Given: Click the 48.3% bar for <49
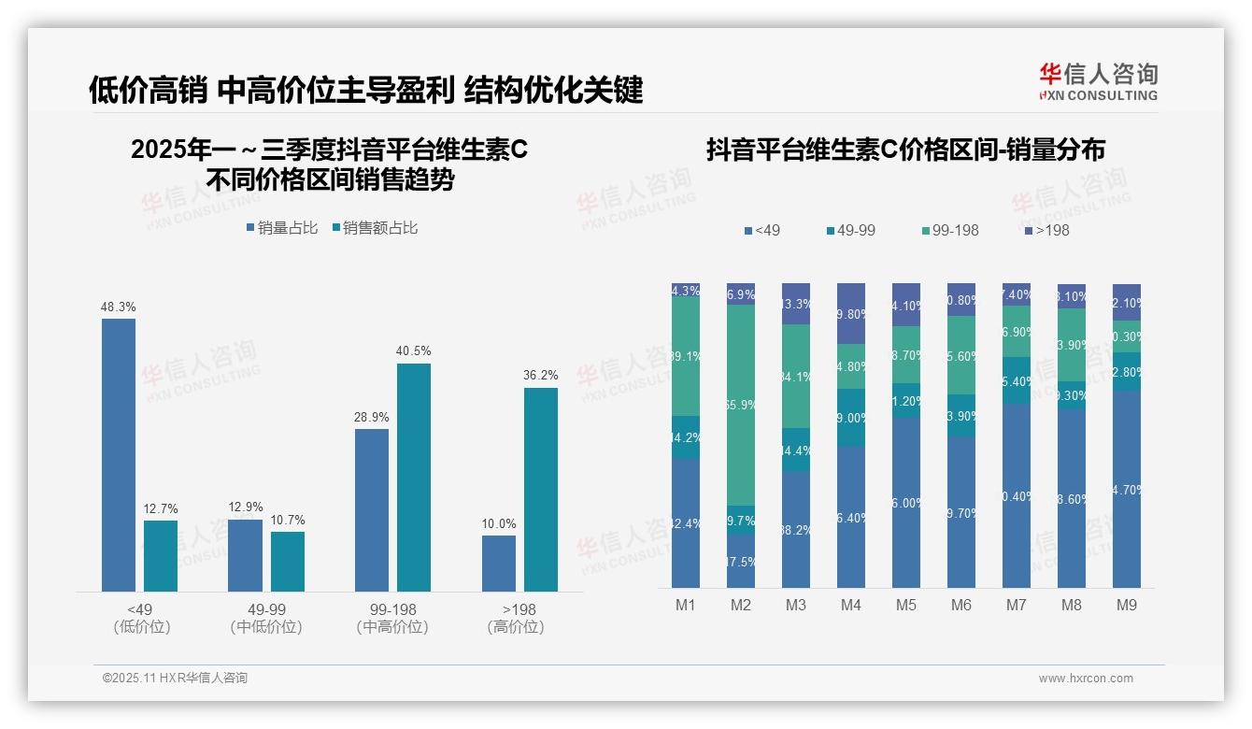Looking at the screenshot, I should [x=119, y=455].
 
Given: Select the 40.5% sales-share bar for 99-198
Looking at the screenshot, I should [x=414, y=478].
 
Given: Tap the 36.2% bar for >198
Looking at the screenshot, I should [x=541, y=490].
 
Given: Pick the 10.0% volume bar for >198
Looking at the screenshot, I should [x=499, y=564].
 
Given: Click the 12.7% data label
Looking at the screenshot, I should [x=161, y=509].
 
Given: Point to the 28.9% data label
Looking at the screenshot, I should [x=372, y=418].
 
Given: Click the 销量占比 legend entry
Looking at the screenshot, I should [x=282, y=228].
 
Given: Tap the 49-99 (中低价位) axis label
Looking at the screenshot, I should [x=266, y=618].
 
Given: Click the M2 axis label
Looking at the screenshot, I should [x=741, y=606].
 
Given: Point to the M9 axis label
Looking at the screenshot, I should [x=1127, y=606].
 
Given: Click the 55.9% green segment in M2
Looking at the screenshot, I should [x=741, y=405].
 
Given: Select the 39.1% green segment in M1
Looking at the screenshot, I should [x=686, y=356].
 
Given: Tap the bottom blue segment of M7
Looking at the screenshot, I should [x=1017, y=495].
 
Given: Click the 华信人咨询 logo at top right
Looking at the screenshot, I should [x=1098, y=81].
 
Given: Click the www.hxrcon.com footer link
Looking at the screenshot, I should [x=1086, y=679].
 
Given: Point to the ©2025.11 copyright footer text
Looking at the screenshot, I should [x=175, y=679].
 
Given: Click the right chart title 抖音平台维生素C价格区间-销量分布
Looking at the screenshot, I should [x=905, y=150].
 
